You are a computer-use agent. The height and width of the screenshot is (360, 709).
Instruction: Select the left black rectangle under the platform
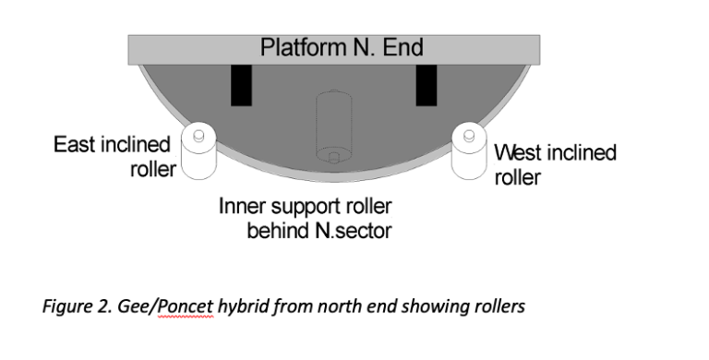[x=241, y=86]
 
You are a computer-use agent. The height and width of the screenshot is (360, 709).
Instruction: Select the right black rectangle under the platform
[x=427, y=86]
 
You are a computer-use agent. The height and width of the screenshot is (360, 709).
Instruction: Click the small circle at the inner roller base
[x=333, y=159]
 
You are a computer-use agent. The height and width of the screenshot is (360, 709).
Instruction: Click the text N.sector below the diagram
[x=352, y=230]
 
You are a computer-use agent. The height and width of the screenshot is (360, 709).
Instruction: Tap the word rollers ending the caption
[x=499, y=306]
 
